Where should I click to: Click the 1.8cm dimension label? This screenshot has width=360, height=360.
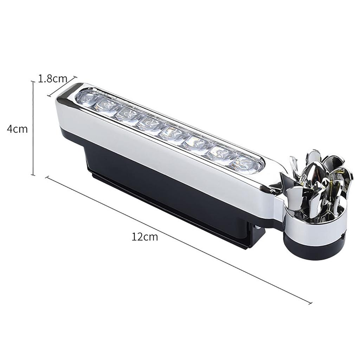[x=52, y=78]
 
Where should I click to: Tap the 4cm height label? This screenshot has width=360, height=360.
[x=17, y=129]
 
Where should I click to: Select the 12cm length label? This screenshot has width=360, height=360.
[x=145, y=237]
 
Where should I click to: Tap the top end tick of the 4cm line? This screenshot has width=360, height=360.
[x=33, y=82]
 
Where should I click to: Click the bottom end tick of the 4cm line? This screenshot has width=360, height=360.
[x=33, y=175]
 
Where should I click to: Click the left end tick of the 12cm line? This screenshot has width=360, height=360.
[x=47, y=178]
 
